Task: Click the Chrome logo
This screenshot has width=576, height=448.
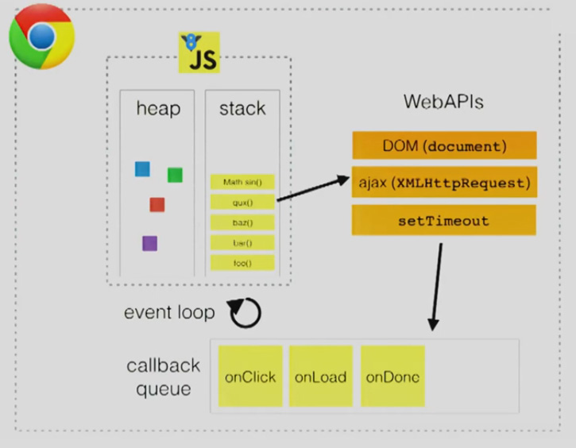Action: point(41,37)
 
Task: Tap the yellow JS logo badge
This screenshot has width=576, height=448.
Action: point(199,53)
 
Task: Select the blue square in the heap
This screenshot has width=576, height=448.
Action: point(142,168)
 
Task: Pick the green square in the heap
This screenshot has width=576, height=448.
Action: point(175,175)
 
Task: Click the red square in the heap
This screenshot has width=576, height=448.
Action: point(157,204)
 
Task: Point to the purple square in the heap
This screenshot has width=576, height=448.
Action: point(149,243)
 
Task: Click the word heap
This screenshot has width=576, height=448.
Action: point(158,109)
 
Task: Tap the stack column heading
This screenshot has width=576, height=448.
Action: point(242,109)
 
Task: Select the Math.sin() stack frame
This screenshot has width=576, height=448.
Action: point(242,182)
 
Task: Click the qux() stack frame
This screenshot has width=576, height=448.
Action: point(242,203)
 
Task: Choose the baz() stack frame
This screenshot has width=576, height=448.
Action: point(242,222)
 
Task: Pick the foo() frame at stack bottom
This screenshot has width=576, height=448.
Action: point(242,262)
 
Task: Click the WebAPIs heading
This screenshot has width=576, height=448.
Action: point(443,102)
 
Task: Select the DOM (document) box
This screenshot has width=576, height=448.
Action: point(444,146)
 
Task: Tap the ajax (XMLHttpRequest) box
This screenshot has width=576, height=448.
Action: point(444,183)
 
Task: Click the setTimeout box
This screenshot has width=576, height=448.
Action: point(444,221)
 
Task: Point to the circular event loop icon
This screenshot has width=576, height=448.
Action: point(245,314)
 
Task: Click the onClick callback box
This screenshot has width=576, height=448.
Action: point(250,377)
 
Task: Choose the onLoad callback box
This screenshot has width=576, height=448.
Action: point(321,377)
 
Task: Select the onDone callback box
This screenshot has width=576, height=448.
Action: point(392,377)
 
